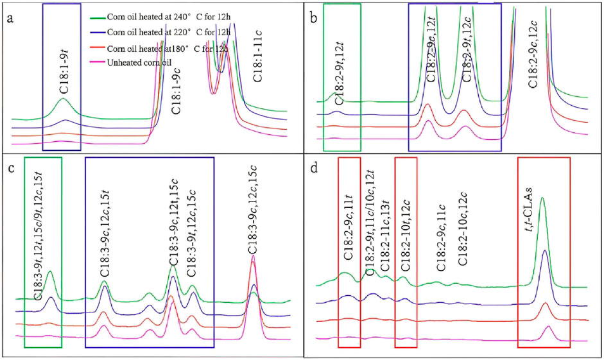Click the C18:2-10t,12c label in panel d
[x=406, y=241]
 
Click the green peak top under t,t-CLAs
[x=542, y=198]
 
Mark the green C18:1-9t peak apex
[x=62, y=99]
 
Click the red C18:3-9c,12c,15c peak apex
[x=252, y=256]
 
